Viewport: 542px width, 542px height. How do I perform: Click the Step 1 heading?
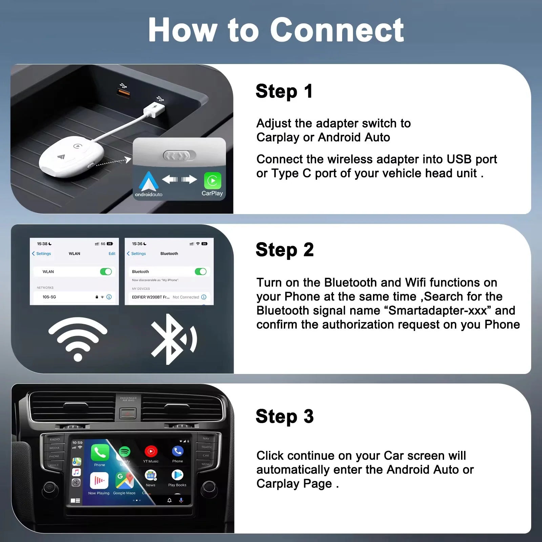click(284, 91)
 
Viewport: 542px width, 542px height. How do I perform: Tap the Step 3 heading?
click(285, 416)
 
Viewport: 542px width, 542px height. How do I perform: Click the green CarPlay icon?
click(212, 181)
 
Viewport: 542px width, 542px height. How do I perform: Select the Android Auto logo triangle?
click(148, 182)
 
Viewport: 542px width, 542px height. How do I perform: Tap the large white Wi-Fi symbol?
click(78, 339)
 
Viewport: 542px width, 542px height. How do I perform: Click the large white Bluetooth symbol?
click(173, 339)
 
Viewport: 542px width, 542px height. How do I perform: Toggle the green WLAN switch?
click(106, 272)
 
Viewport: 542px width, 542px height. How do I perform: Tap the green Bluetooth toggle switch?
click(201, 272)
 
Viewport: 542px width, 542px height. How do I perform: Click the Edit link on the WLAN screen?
click(112, 254)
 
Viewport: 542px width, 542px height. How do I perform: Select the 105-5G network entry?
click(49, 297)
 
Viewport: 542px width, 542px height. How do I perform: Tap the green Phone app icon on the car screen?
click(100, 453)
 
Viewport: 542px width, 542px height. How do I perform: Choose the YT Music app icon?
click(151, 451)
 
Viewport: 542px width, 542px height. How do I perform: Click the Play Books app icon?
click(177, 475)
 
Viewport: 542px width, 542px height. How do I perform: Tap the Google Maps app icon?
click(124, 480)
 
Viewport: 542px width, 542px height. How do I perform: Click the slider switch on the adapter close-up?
click(180, 156)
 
